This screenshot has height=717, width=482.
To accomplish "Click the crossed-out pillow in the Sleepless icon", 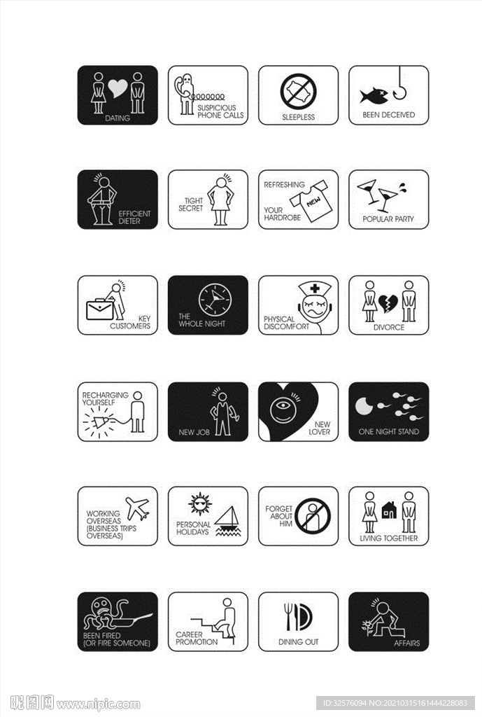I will (x=299, y=92).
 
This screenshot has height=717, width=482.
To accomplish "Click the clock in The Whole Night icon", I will (x=213, y=300).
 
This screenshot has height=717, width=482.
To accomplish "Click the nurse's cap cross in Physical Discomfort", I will (x=309, y=288).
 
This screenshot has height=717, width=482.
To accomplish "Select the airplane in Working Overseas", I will (x=137, y=508).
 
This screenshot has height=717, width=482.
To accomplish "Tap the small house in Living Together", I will (x=389, y=511).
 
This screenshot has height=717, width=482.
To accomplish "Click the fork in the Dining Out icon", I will (x=288, y=616).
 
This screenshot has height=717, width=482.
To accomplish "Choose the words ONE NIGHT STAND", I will (x=388, y=432).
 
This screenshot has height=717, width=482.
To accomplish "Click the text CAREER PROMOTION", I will (x=196, y=639).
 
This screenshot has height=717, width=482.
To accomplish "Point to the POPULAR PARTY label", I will (x=388, y=219).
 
